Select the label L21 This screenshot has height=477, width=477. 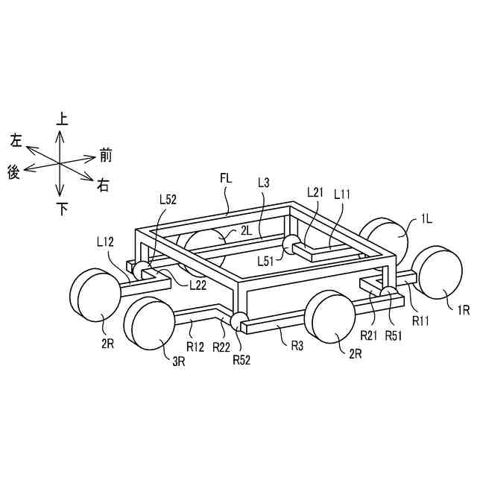coord(316,192)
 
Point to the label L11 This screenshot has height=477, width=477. coord(343,193)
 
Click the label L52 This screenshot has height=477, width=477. coord(168,200)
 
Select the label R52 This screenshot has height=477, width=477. coord(241,360)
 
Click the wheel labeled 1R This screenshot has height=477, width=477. coord(440,270)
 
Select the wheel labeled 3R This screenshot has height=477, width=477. coord(151,322)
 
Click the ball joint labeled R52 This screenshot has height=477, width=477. coord(240,321)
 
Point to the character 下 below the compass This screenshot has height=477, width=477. coord(62,209)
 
